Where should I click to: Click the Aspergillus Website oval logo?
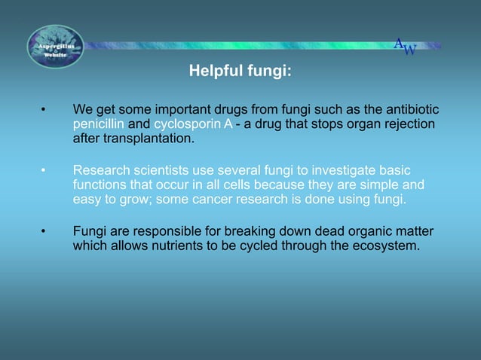[55, 47]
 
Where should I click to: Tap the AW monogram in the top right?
[405, 47]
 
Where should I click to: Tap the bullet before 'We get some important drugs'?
[44, 111]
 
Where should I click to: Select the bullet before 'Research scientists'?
[44, 170]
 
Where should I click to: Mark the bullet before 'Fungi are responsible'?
[44, 230]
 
